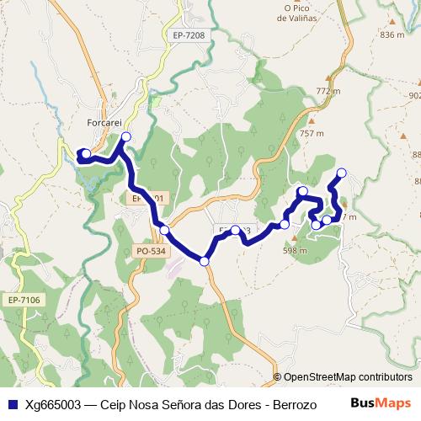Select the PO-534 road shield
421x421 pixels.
pyautogui.click(x=152, y=250)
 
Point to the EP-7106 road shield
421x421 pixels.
pyautogui.click(x=24, y=300)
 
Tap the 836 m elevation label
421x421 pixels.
pyautogui.click(x=392, y=35)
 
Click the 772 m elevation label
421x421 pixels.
pyautogui.click(x=328, y=90)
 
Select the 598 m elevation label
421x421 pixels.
pyautogui.click(x=295, y=250)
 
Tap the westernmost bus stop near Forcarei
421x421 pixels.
pyautogui.click(x=85, y=153)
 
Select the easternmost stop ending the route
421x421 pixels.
pyautogui.click(x=341, y=173)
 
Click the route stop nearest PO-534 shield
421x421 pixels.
pyautogui.click(x=165, y=230)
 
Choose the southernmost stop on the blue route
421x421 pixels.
pyautogui.click(x=205, y=262)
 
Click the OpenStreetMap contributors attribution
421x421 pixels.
pyautogui.click(x=348, y=377)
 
